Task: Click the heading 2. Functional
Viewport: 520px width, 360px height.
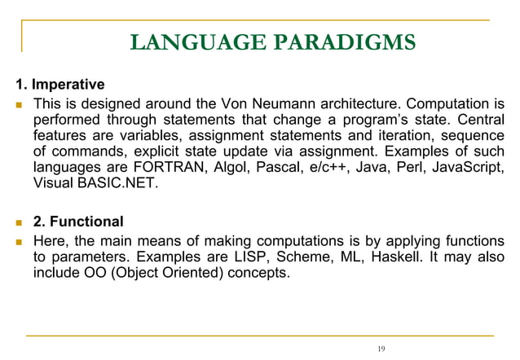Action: click(78, 222)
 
